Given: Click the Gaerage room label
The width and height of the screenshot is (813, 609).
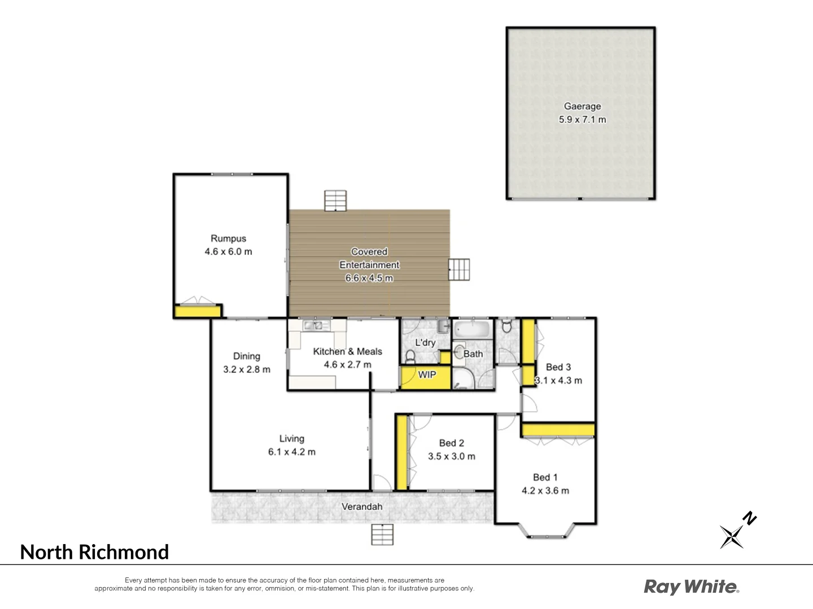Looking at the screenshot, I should [582, 106].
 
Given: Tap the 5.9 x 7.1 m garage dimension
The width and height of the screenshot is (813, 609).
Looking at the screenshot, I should [582, 120].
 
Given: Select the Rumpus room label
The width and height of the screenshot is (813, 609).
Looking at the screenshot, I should [228, 239].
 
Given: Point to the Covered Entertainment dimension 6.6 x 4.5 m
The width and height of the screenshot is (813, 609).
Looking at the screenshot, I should [369, 278].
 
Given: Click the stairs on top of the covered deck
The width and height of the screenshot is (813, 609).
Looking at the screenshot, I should [335, 201].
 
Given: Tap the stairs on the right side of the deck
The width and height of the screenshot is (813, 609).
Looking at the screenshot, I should [459, 270].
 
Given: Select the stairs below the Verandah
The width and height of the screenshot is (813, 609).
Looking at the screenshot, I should [382, 534].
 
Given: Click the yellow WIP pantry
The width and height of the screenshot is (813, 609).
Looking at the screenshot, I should [426, 377].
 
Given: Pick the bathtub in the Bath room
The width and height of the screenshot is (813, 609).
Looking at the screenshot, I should [473, 330].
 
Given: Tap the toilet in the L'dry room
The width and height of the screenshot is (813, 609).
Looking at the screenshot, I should [410, 356].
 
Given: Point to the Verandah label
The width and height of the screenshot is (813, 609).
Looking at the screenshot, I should [362, 507].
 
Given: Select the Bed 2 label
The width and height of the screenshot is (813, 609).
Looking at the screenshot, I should [451, 443].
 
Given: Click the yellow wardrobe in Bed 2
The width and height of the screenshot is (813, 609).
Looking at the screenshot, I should [401, 452].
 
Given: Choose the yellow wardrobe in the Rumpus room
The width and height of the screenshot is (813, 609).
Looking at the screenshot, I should [196, 311].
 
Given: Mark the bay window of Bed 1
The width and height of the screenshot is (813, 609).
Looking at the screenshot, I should [546, 531].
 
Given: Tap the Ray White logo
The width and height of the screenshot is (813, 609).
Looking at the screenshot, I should [691, 587].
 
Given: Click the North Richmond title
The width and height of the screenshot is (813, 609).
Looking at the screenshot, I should [94, 552].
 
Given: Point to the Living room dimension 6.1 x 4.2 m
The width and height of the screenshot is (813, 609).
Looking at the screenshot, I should [291, 452].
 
